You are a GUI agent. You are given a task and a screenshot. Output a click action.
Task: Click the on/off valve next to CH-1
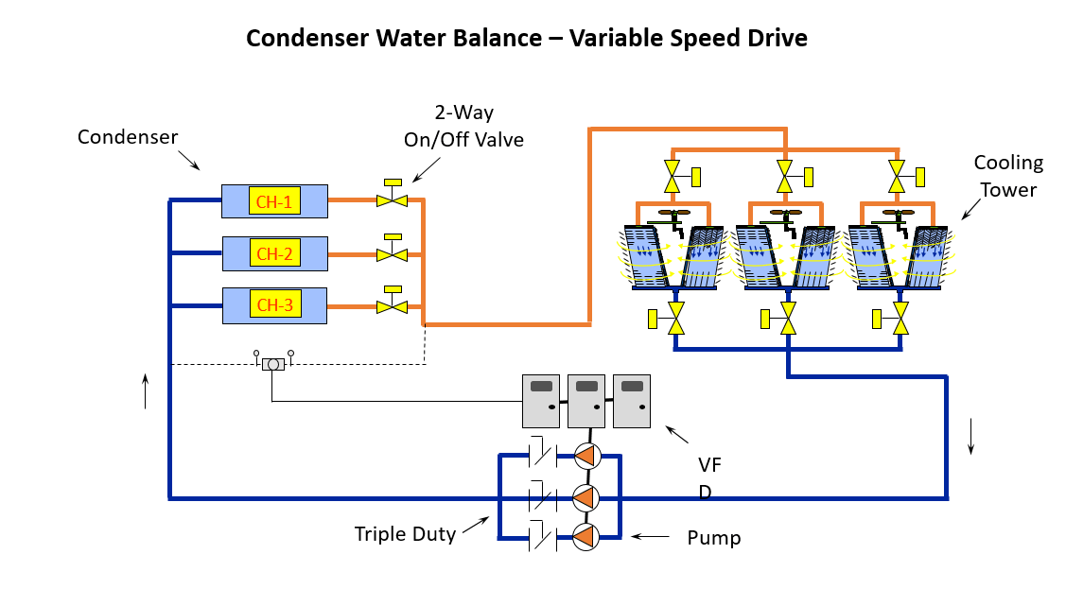(x=391, y=199)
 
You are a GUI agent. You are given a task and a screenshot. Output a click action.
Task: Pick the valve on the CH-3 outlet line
(x=391, y=305)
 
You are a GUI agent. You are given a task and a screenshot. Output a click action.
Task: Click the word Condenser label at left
(x=128, y=137)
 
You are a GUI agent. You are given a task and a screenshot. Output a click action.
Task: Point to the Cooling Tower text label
(x=1008, y=176)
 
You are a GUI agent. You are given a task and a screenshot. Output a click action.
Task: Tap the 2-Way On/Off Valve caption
(x=463, y=126)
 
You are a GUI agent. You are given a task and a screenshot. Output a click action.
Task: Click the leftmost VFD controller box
(x=541, y=401)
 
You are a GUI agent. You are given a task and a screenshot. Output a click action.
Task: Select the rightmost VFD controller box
(x=632, y=401)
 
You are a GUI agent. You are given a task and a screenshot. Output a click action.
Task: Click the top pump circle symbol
(x=586, y=457)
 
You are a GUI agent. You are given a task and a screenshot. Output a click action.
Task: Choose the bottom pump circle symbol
(x=586, y=537)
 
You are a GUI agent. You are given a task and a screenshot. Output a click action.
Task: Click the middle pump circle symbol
(x=586, y=496)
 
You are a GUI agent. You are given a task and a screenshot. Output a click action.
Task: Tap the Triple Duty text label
(x=405, y=534)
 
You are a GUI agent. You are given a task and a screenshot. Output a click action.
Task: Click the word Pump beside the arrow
(x=714, y=539)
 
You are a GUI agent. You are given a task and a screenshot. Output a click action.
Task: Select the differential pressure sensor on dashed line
(x=272, y=364)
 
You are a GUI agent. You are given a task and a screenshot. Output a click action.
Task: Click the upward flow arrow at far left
(x=146, y=390)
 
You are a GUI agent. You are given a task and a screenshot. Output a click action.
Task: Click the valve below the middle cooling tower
(x=787, y=319)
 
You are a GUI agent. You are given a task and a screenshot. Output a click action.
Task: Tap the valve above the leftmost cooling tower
(x=673, y=176)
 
